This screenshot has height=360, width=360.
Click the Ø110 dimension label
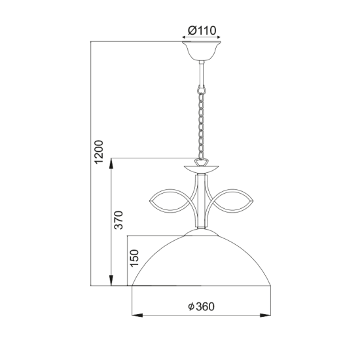tap(202, 31)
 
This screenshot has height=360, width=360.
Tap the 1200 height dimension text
tap(99, 152)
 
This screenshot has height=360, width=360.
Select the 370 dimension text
tap(118, 220)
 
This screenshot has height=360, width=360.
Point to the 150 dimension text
tap(135, 258)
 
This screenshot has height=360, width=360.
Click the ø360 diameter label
tap(202, 306)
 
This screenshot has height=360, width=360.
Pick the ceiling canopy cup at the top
tap(202, 51)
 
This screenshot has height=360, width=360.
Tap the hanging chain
tap(202, 122)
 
